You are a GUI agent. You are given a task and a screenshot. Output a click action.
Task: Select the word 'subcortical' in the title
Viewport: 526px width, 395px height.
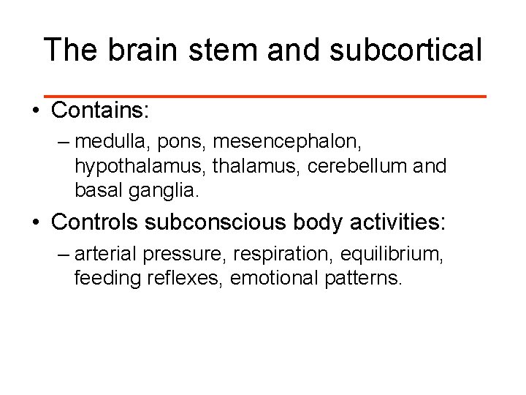(x=405, y=50)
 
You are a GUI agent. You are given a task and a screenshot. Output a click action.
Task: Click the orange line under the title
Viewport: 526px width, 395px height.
(x=264, y=96)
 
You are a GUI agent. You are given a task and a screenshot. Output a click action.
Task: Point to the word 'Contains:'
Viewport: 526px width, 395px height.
(x=100, y=110)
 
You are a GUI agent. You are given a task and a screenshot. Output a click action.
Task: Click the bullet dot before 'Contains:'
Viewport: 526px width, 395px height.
(x=35, y=111)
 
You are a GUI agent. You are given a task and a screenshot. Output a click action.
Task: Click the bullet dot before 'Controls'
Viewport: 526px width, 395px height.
(x=35, y=222)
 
